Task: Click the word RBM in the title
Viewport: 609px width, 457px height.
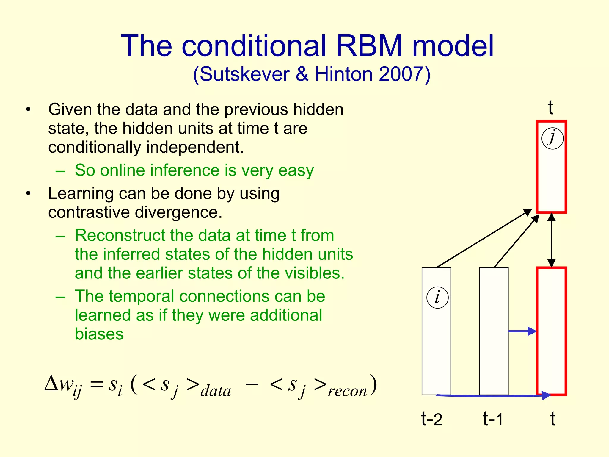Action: coord(369,46)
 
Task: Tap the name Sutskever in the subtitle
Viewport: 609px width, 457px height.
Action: coord(244,74)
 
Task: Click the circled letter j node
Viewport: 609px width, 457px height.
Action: coord(552,138)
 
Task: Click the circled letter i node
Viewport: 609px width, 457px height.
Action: coord(437,298)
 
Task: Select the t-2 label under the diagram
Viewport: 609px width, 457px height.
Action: coord(432,419)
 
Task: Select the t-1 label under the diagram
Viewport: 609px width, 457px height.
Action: coord(493,419)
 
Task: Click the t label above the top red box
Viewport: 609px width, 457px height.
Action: coord(550,107)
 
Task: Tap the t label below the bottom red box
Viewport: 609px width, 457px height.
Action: coord(553,419)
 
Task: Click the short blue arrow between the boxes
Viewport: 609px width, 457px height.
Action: coord(522,331)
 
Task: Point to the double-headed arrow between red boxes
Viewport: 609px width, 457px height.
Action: coord(552,240)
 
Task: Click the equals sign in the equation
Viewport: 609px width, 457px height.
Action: coord(97,385)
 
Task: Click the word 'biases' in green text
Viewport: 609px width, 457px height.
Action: coord(99,334)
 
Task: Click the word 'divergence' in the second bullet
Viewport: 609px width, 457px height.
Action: coord(178,212)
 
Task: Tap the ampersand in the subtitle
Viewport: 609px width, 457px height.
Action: coord(302,74)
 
